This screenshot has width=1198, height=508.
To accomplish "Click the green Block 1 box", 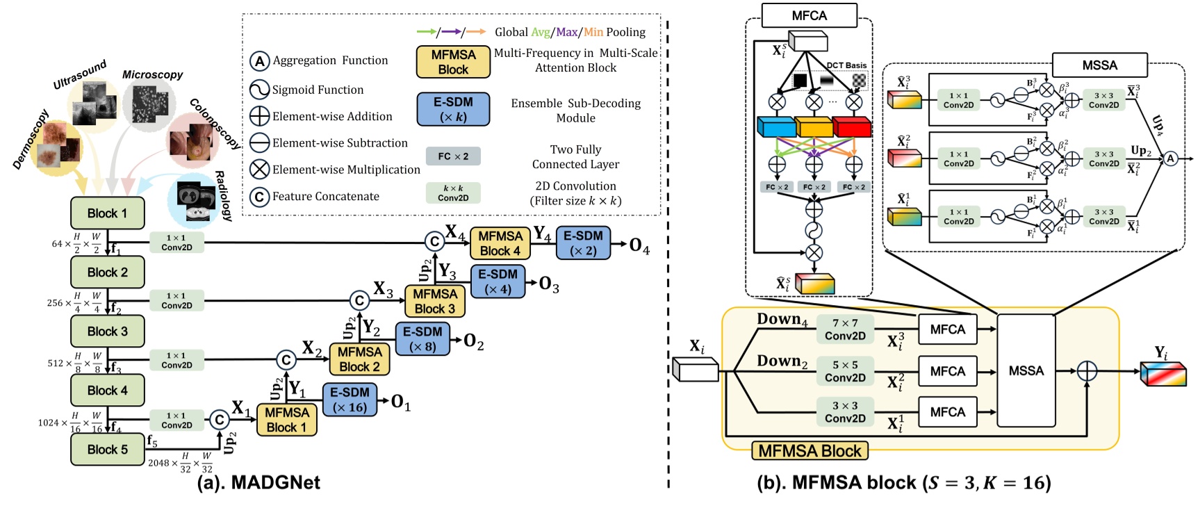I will [107, 213].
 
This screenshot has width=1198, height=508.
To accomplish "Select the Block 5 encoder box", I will [107, 450].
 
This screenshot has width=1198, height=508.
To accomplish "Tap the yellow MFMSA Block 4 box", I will [500, 243].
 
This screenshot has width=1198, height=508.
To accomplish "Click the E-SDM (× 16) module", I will [349, 400].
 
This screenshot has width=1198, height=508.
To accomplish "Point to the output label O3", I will [549, 284].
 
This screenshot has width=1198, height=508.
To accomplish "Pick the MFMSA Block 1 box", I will [286, 420].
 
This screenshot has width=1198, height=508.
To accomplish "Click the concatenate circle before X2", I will [286, 359].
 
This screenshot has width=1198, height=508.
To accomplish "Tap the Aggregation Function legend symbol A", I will [259, 61].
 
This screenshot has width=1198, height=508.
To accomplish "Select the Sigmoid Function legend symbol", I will [259, 90].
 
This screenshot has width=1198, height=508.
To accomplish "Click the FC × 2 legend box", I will [453, 156].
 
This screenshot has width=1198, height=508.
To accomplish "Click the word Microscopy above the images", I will [152, 74].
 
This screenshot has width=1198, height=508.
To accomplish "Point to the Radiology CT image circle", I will [194, 197].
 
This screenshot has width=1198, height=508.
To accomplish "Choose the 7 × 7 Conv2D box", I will [845, 329].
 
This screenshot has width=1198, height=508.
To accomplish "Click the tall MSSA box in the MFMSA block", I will [1026, 370].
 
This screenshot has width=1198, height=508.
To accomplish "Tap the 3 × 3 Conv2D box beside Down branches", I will [845, 412].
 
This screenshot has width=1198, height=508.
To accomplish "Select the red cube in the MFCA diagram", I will [851, 126].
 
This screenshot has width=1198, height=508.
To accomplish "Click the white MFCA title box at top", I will [809, 15].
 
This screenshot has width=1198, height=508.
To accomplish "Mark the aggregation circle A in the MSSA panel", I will [1170, 158].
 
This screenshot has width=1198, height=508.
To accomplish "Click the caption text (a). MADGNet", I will [259, 482].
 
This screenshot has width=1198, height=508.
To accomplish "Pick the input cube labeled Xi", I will [696, 370].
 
